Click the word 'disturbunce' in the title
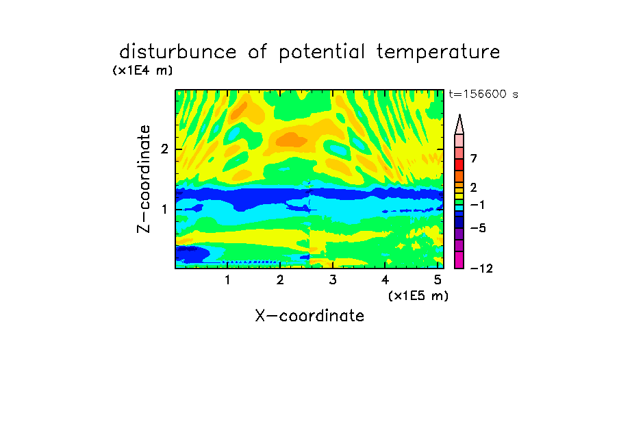click(178, 52)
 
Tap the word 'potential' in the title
click(322, 53)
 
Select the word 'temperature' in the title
click(438, 53)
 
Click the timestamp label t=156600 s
click(483, 94)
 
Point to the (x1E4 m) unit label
click(142, 71)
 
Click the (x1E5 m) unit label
click(418, 296)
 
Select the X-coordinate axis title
click(309, 316)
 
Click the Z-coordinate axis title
click(144, 179)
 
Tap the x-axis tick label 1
click(227, 280)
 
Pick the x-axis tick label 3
click(333, 280)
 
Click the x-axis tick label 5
click(438, 280)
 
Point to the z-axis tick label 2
click(164, 149)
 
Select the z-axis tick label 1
click(164, 209)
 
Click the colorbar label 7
click(474, 159)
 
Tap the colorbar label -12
click(481, 269)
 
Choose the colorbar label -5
click(478, 228)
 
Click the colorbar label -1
click(477, 205)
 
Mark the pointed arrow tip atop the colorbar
click(459, 115)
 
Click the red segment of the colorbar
click(459, 164)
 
